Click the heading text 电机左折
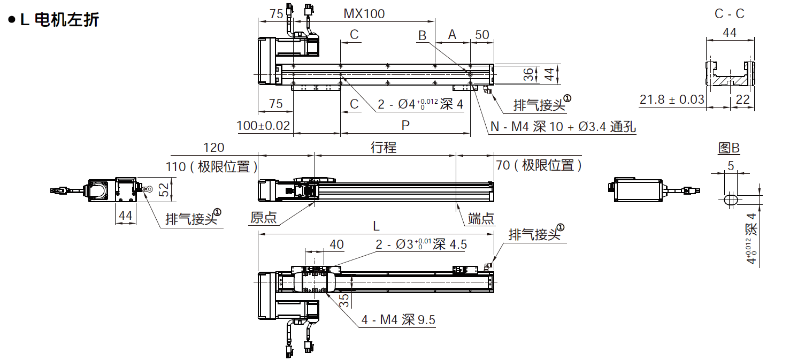pyautogui.click(x=66, y=20)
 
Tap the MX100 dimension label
pyautogui.click(x=364, y=14)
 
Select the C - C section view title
pyautogui.click(x=729, y=14)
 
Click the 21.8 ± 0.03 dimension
pyautogui.click(x=672, y=99)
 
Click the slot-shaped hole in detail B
pyautogui.click(x=731, y=200)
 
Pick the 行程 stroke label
pyautogui.click(x=384, y=148)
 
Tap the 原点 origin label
pyautogui.click(x=263, y=218)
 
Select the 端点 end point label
pyautogui.click(x=481, y=218)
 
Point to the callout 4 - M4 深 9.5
pyautogui.click(x=398, y=320)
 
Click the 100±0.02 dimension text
pyautogui.click(x=263, y=126)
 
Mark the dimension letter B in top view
pyautogui.click(x=423, y=35)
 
